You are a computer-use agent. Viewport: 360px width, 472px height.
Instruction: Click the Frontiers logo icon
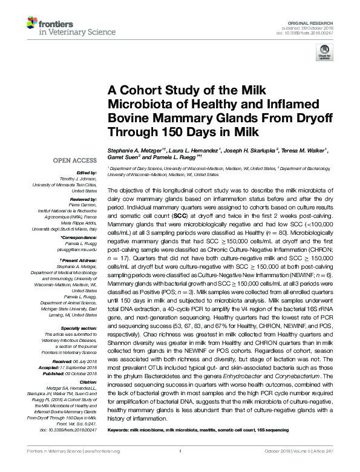click(x=32, y=24)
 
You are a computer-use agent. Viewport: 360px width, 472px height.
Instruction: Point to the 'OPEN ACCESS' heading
click(x=76, y=161)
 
